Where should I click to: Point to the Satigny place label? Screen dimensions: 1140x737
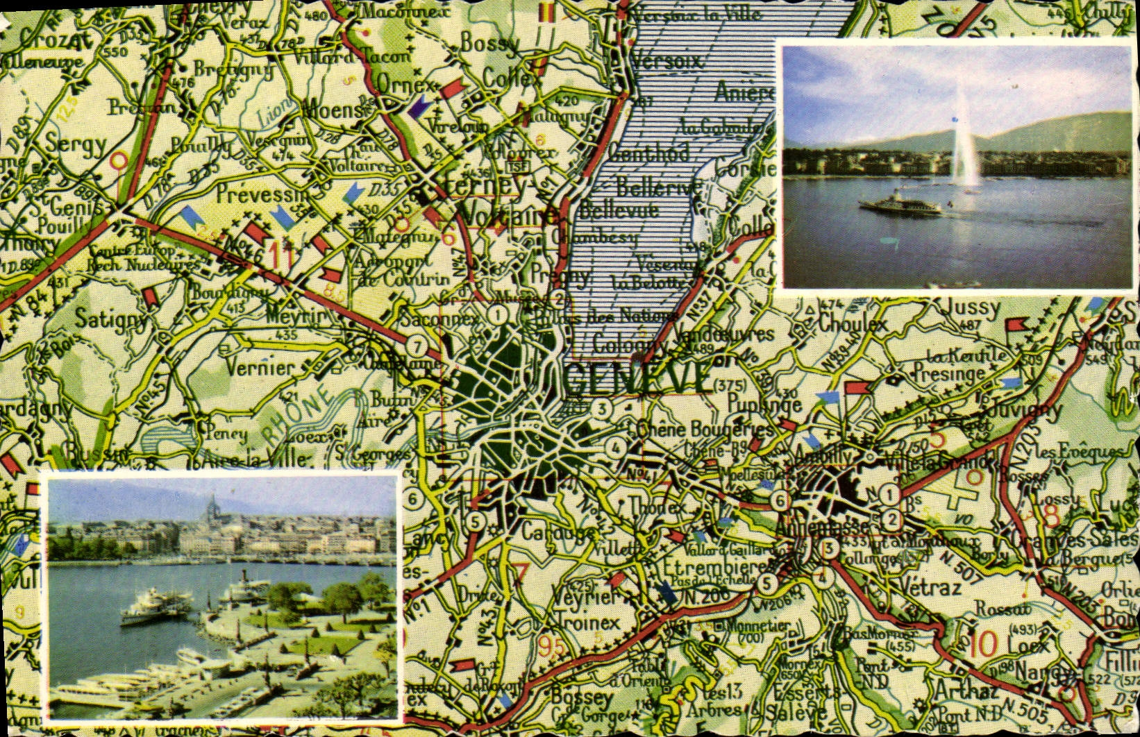click(x=112, y=319)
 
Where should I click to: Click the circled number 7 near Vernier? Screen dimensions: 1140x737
click(x=416, y=346)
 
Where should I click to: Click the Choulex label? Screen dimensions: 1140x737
click(x=853, y=324)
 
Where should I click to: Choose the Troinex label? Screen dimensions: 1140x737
click(x=587, y=622)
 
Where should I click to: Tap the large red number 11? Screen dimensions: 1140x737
click(x=279, y=253)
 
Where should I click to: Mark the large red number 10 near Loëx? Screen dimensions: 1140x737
click(x=984, y=645)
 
